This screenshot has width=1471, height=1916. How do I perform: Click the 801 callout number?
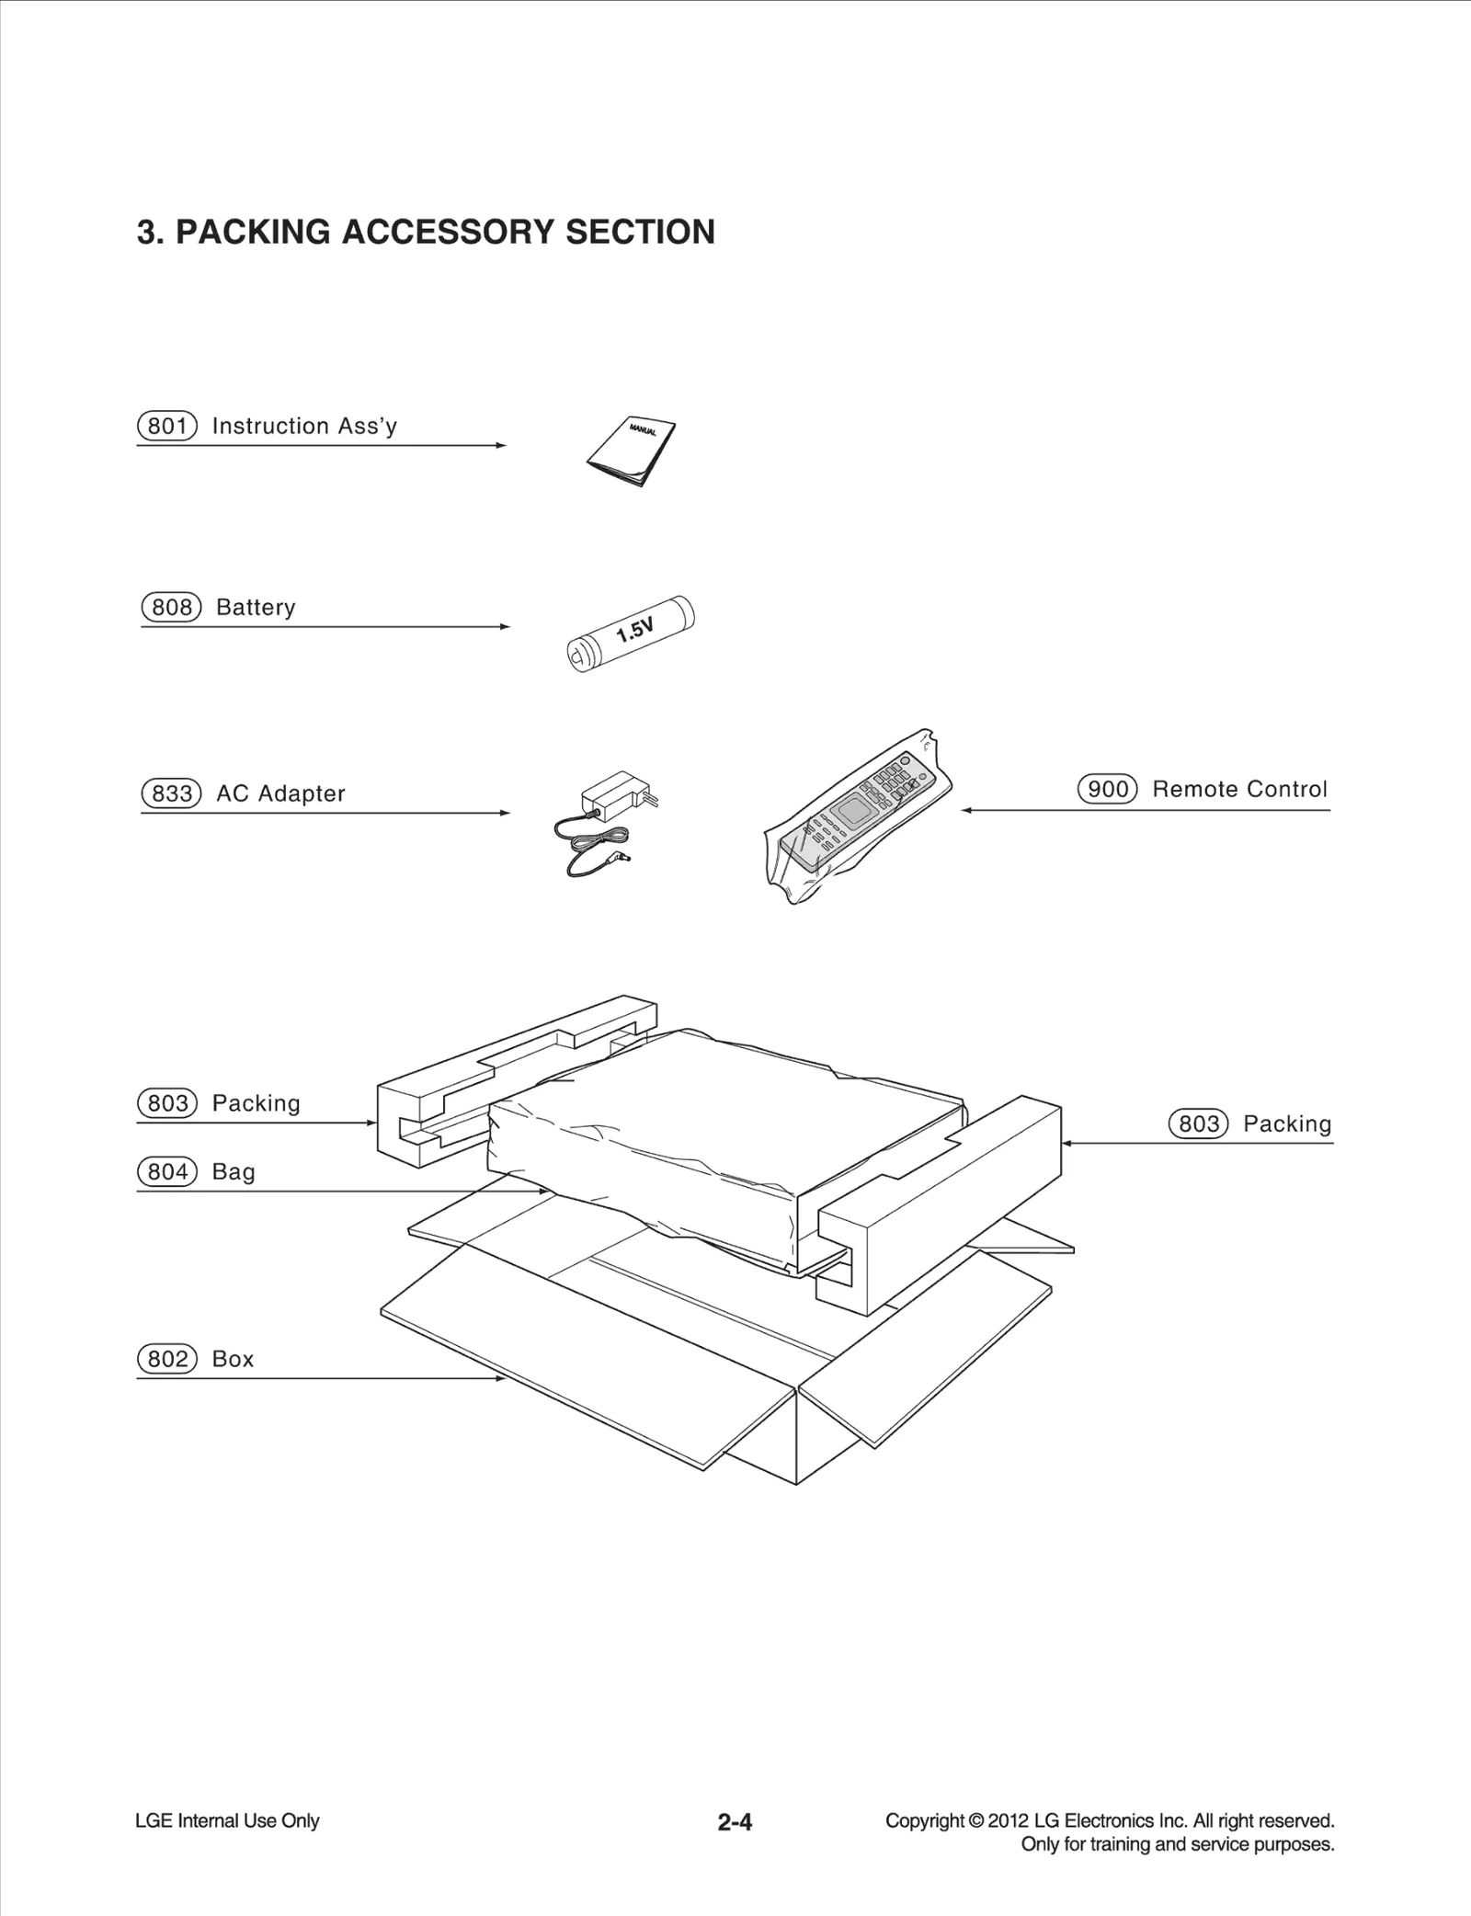click(167, 426)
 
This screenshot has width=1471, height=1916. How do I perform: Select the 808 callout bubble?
click(171, 608)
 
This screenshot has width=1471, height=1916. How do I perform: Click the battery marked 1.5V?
click(631, 633)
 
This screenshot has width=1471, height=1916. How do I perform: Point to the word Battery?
click(256, 608)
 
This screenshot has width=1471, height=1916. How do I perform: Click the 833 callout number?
click(171, 793)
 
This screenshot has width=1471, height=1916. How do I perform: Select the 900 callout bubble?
click(1107, 789)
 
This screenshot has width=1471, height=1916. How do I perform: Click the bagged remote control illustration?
click(857, 813)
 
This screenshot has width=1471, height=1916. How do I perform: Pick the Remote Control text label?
click(1239, 789)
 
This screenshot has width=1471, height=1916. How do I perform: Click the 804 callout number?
click(167, 1171)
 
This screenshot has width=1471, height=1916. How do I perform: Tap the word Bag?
click(234, 1171)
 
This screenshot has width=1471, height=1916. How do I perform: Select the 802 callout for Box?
click(167, 1359)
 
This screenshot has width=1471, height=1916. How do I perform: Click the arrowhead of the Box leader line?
click(501, 1378)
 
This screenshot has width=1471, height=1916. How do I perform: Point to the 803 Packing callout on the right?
click(1198, 1123)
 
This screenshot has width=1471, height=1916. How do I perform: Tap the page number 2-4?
click(735, 1821)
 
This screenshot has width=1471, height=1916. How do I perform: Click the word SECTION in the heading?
click(640, 232)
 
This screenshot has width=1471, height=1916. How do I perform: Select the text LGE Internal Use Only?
click(227, 1820)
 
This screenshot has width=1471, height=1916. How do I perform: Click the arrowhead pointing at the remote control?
click(967, 810)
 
